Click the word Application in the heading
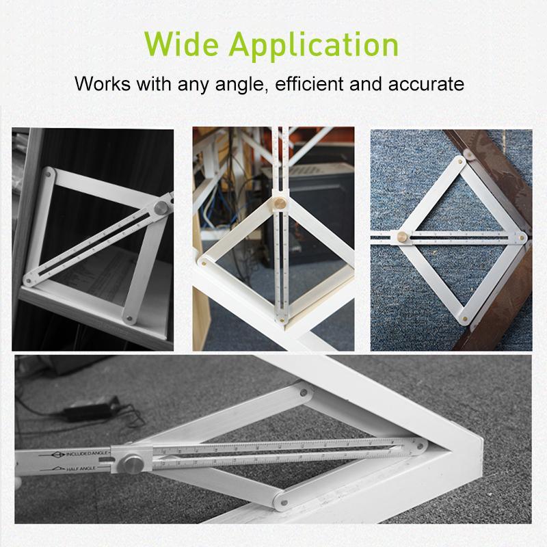(x=314, y=45)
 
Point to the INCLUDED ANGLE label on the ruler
(x=81, y=453)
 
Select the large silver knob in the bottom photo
(x=132, y=464)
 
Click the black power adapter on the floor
(x=88, y=411)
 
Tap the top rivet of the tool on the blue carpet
(x=461, y=161)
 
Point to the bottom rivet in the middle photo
(x=281, y=318)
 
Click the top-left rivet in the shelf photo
(x=48, y=173)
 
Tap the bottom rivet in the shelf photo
(x=128, y=317)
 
